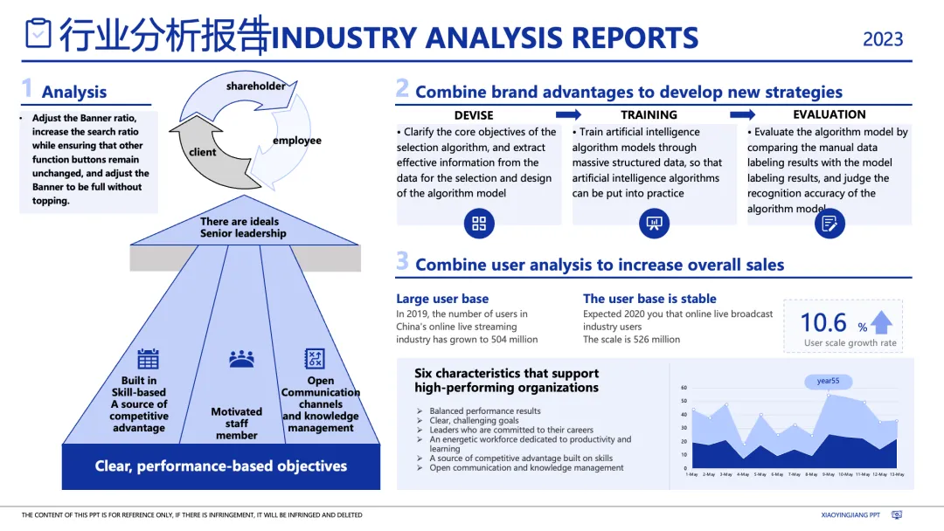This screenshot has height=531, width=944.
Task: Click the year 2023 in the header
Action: coord(883,39)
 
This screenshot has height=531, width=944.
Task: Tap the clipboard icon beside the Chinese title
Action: coord(38,33)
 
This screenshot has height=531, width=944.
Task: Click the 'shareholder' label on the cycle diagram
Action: coord(255,86)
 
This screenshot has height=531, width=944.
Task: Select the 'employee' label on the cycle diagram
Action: coord(297,141)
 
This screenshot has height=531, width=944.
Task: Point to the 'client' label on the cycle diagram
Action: coord(202,152)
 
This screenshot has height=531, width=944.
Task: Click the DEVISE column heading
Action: coord(474,115)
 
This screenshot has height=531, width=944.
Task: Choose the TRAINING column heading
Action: coord(649,115)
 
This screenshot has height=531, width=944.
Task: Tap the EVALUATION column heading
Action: coord(829,115)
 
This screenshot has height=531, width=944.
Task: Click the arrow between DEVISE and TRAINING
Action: coord(568,115)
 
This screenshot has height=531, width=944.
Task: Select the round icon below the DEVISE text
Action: coord(479,224)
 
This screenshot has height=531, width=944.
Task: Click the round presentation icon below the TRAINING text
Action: coord(654,224)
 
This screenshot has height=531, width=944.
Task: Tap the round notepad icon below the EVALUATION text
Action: coord(829,224)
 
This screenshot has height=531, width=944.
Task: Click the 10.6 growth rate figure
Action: coord(823,322)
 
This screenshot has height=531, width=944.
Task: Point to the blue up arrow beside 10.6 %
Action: coord(881,323)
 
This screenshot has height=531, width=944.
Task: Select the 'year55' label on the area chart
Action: coord(828,382)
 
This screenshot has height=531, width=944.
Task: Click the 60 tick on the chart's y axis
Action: coord(684,388)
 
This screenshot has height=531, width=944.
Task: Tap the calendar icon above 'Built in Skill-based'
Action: coord(148,359)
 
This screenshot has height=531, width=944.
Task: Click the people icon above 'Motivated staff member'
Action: coord(241,359)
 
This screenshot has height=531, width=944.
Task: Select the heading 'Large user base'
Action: coord(442,299)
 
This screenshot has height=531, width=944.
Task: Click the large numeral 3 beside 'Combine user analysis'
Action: coord(402,261)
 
